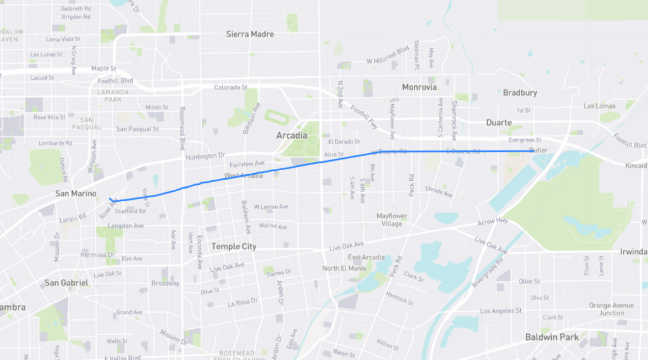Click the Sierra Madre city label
[x=250, y=34]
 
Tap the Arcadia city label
[x=292, y=135]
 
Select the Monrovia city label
[x=420, y=87]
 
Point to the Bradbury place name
[x=520, y=92]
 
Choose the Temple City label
[x=234, y=246]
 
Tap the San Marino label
[x=75, y=194]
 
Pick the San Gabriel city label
[x=66, y=283]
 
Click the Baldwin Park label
[x=552, y=337]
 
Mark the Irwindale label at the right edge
[x=633, y=252]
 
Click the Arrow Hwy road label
[x=494, y=221]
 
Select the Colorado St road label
[x=230, y=87]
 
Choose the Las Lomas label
[x=599, y=106]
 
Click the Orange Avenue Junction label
[x=611, y=309]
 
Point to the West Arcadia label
[x=244, y=175]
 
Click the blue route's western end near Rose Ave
[x=109, y=199]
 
